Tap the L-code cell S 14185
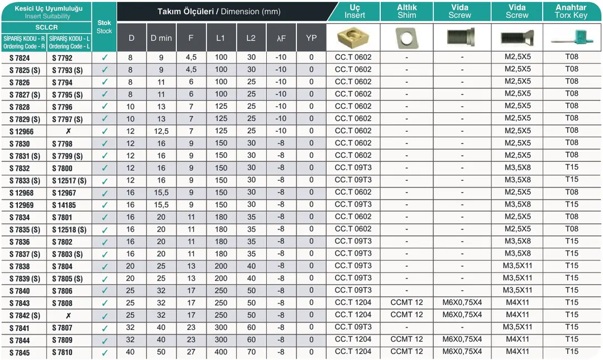[64, 205]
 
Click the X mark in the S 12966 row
[68, 132]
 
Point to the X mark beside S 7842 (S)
[68, 316]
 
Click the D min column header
[161, 38]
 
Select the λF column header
[281, 38]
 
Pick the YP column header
[312, 38]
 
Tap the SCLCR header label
[46, 27]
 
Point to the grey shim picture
[406, 37]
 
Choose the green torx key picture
[571, 37]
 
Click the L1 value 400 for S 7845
[221, 352]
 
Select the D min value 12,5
[161, 131]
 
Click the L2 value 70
[251, 352]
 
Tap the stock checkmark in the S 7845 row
[104, 353]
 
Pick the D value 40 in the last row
[131, 352]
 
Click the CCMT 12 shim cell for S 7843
[406, 303]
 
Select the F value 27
[192, 352]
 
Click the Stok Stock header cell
[104, 27]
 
